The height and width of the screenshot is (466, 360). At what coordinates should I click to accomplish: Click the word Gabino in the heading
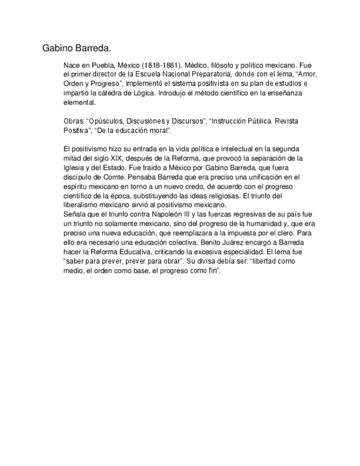[x=57, y=48]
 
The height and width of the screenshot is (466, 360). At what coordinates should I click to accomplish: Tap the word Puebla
[x=102, y=65]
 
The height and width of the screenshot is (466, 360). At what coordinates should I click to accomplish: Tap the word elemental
[x=80, y=102]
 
